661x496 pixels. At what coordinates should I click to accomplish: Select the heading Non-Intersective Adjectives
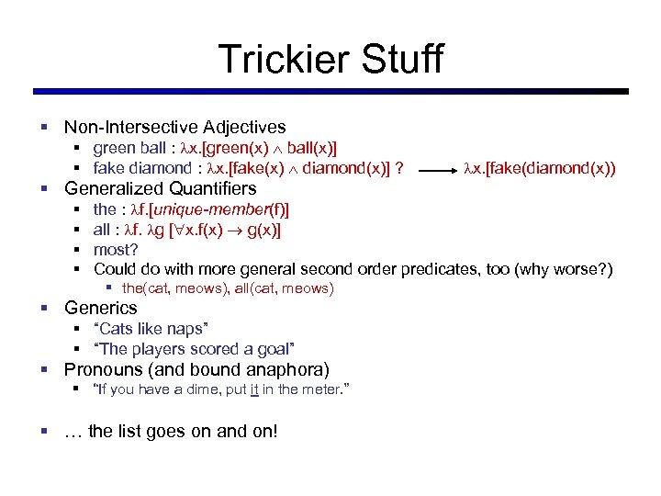174,128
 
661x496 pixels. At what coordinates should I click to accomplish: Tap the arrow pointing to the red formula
431,169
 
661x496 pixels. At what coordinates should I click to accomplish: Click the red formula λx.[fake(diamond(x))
540,169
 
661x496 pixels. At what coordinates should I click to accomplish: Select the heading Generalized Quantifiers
160,189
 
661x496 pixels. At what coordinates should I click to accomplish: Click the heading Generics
100,309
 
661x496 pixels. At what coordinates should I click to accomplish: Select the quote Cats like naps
151,329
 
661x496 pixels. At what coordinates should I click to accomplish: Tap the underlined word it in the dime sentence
252,390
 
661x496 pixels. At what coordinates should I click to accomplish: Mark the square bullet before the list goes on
42,432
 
